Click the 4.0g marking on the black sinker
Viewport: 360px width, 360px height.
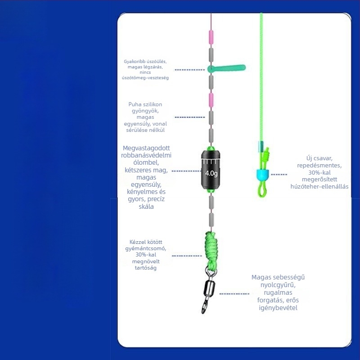[211, 173]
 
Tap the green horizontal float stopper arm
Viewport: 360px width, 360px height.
[227, 68]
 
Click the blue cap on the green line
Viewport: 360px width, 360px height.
[262, 174]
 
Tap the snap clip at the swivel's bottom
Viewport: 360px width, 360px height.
[205, 306]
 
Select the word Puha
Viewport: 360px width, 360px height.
[135, 104]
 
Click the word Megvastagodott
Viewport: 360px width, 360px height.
[146, 148]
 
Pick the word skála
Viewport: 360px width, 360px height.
[146, 207]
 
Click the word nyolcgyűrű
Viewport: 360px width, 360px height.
[278, 285]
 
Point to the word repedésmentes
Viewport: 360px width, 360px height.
[319, 166]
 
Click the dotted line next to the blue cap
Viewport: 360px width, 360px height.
[279, 175]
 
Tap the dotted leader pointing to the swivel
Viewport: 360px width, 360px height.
[234, 294]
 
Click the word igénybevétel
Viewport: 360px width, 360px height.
[278, 308]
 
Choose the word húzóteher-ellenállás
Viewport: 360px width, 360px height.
[319, 186]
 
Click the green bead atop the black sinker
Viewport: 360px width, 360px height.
[211, 148]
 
